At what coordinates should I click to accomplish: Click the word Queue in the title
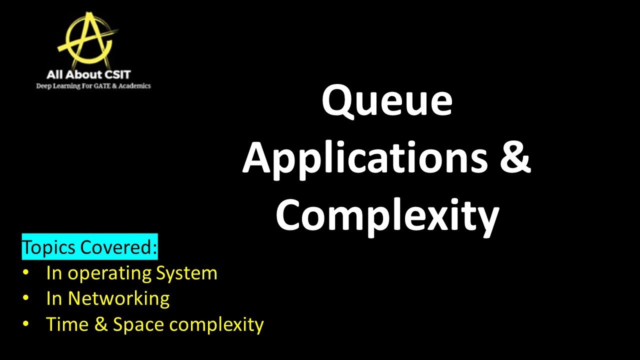coord(386,102)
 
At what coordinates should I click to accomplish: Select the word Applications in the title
coord(364,159)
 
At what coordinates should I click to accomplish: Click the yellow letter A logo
coord(87,39)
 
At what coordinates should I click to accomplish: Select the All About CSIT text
coord(88,75)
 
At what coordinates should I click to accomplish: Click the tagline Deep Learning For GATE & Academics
coord(93,86)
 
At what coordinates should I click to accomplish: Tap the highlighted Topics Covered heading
coord(89,247)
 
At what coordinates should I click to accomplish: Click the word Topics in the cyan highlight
coord(48,247)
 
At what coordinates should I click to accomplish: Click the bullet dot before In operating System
coord(26,273)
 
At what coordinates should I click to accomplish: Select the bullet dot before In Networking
coord(26,298)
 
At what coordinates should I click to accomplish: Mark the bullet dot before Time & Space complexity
coord(26,324)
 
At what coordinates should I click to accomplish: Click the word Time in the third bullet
coord(64,324)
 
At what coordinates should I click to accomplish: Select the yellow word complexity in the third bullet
coord(216,325)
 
